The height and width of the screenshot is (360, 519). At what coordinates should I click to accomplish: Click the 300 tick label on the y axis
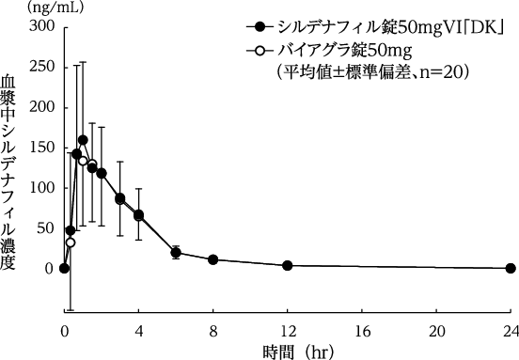click(x=41, y=26)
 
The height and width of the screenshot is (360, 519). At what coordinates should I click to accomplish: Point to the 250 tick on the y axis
click(x=41, y=67)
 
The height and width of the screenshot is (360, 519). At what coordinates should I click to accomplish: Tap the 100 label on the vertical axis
click(x=41, y=188)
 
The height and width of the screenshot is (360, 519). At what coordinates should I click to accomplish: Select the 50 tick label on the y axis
click(x=45, y=228)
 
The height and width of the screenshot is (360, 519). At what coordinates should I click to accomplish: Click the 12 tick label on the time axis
click(x=288, y=331)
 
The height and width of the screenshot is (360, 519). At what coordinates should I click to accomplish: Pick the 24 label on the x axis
click(x=511, y=331)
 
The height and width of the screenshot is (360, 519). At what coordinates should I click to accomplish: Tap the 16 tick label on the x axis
click(x=362, y=331)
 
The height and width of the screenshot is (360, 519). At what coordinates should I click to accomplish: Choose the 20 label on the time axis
click(x=436, y=331)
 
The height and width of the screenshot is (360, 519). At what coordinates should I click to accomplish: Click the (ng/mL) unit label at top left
click(x=55, y=8)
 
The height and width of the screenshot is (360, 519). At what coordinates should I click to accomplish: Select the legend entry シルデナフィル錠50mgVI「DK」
click(x=391, y=27)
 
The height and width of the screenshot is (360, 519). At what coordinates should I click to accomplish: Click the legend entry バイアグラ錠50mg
click(x=345, y=51)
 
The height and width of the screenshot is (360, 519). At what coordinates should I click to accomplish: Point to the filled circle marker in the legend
click(x=260, y=27)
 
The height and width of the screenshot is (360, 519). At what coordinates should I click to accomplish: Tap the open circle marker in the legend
click(x=260, y=51)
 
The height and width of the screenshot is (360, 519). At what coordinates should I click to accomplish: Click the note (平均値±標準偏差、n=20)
click(x=371, y=72)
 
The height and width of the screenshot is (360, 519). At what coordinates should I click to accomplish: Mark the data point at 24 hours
click(x=511, y=268)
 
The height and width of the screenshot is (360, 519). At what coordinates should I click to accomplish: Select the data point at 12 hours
click(x=288, y=265)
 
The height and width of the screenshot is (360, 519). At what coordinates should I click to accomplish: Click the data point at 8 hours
click(x=213, y=259)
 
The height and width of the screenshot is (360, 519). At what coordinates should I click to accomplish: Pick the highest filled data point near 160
click(x=83, y=140)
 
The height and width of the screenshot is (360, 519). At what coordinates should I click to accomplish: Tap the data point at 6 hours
click(x=176, y=253)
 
